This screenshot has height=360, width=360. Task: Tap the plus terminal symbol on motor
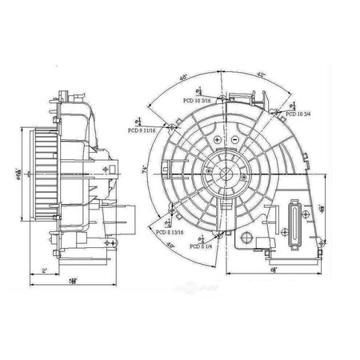pyautogui.click(x=218, y=140)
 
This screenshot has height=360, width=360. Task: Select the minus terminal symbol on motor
pyautogui.click(x=233, y=140)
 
